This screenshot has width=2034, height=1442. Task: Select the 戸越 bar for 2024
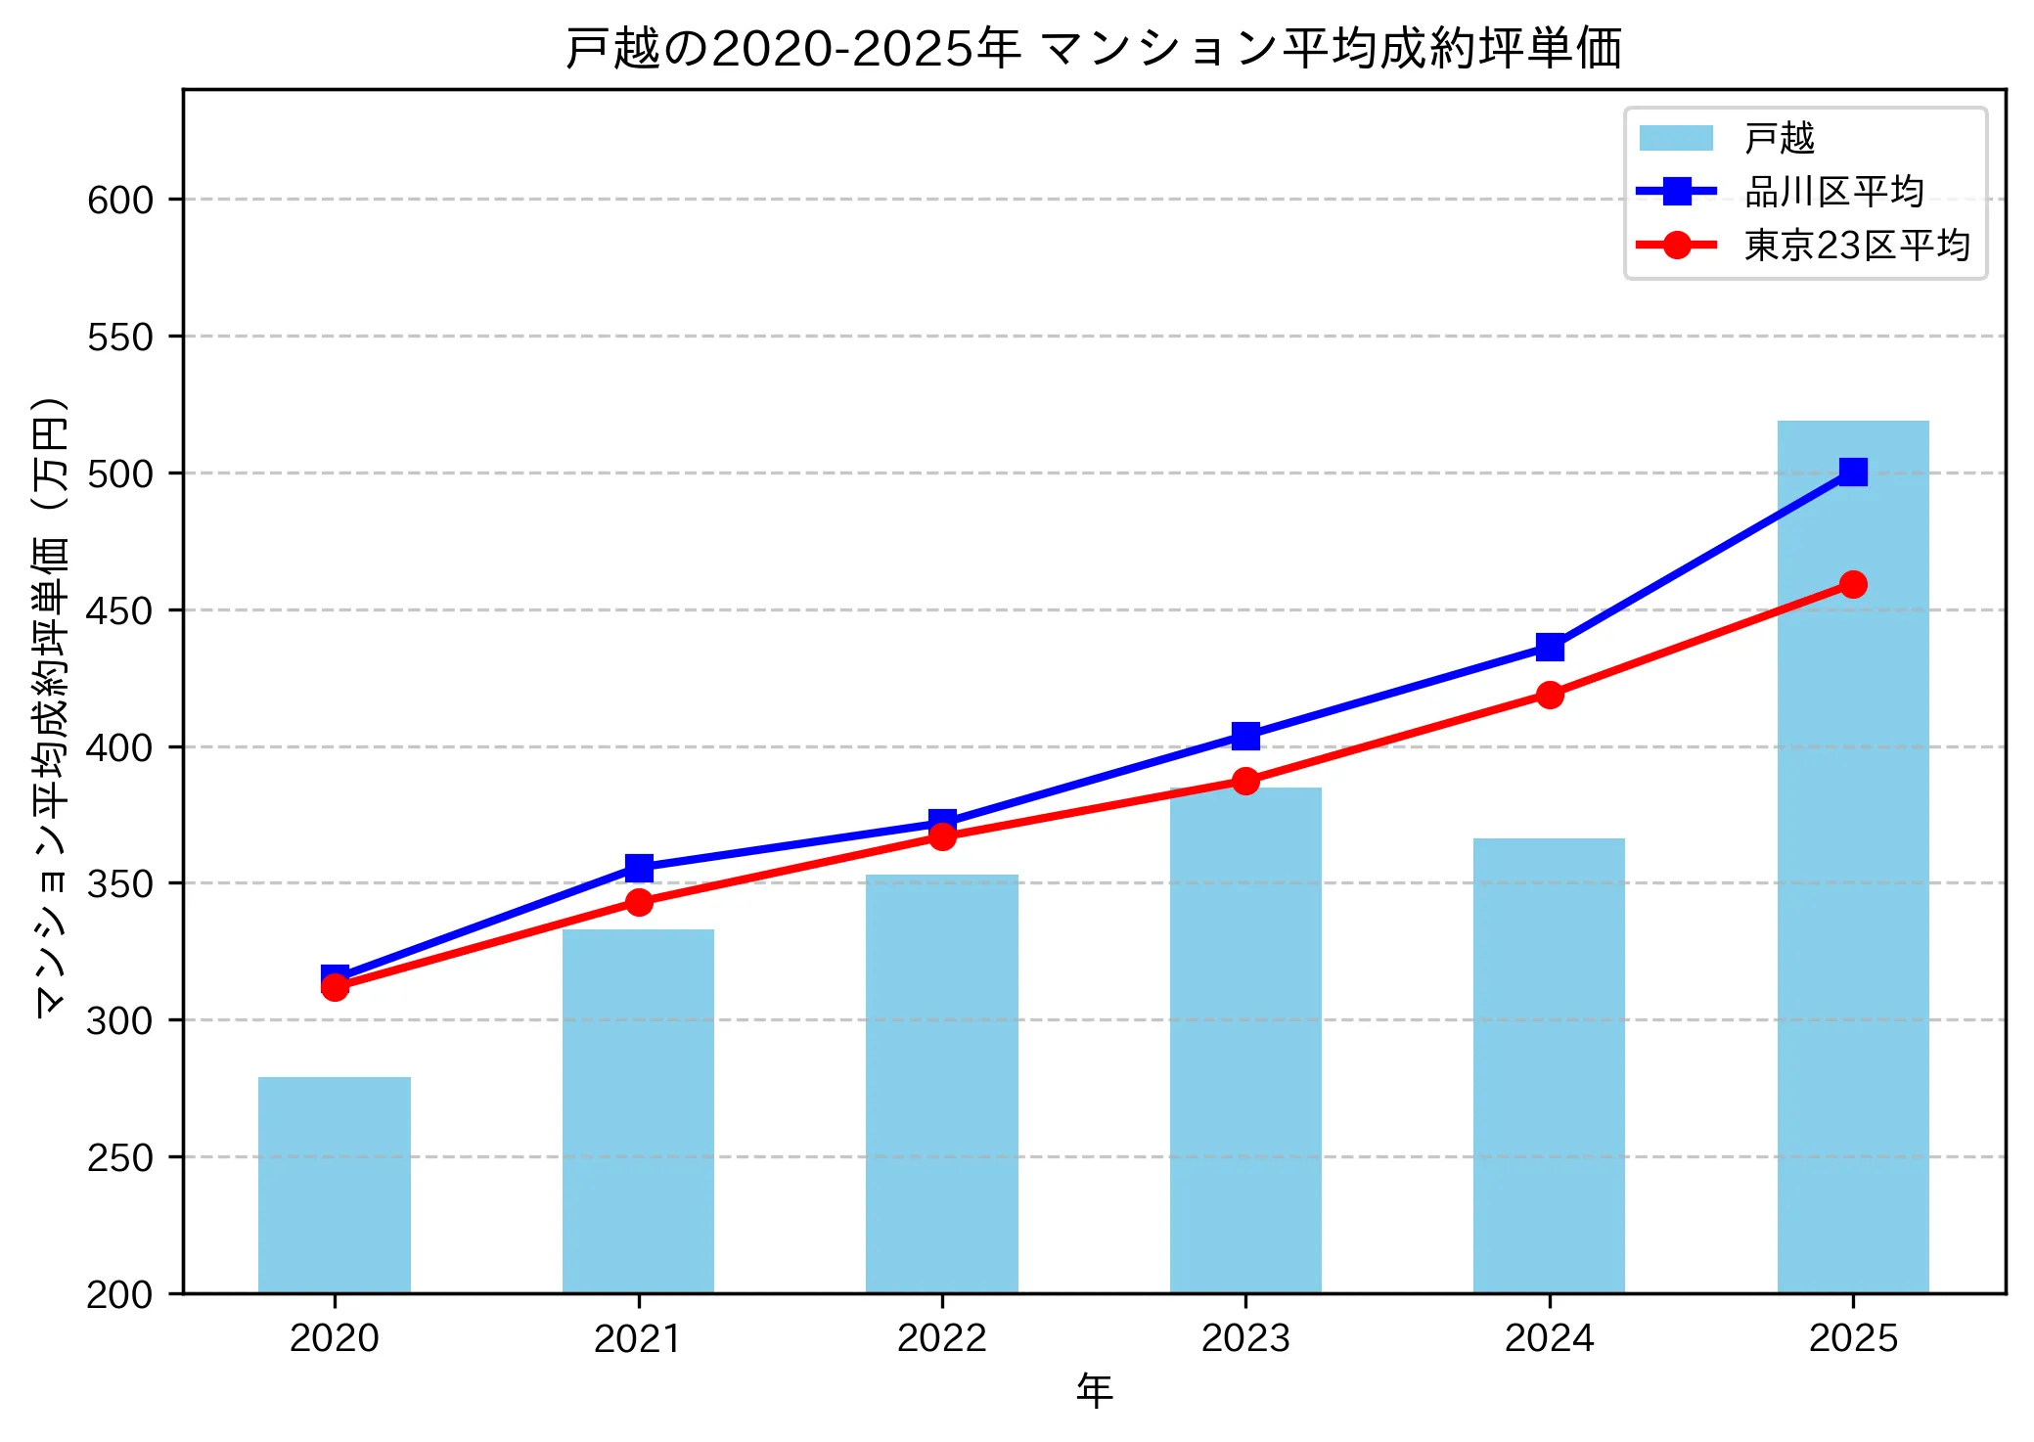pyautogui.click(x=1549, y=1065)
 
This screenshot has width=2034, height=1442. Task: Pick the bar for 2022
pyautogui.click(x=941, y=1083)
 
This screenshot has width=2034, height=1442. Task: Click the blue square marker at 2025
pyautogui.click(x=1852, y=472)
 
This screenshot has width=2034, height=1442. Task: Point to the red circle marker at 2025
pyautogui.click(x=1852, y=584)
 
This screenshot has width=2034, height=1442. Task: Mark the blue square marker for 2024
pyautogui.click(x=1549, y=647)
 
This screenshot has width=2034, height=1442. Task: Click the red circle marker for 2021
pyautogui.click(x=639, y=902)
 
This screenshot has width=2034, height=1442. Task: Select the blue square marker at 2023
pyautogui.click(x=1245, y=735)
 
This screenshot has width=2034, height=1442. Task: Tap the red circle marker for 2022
pyautogui.click(x=941, y=836)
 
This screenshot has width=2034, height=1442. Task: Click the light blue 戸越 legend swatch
pyautogui.click(x=1676, y=138)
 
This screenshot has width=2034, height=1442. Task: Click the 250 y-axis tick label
pyautogui.click(x=120, y=1157)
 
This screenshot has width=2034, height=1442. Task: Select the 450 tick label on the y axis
pyautogui.click(x=120, y=610)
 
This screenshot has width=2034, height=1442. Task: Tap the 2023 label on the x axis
pyautogui.click(x=1245, y=1337)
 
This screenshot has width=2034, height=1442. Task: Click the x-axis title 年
pyautogui.click(x=1094, y=1390)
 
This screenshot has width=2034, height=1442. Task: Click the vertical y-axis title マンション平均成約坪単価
pyautogui.click(x=50, y=706)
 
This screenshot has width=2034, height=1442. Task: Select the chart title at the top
pyautogui.click(x=1094, y=47)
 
